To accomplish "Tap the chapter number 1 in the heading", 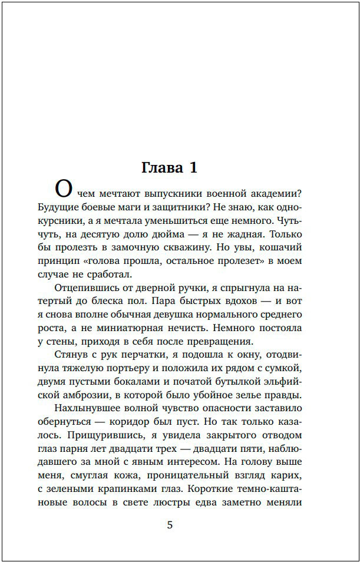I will (193, 168).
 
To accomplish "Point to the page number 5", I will (170, 525).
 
